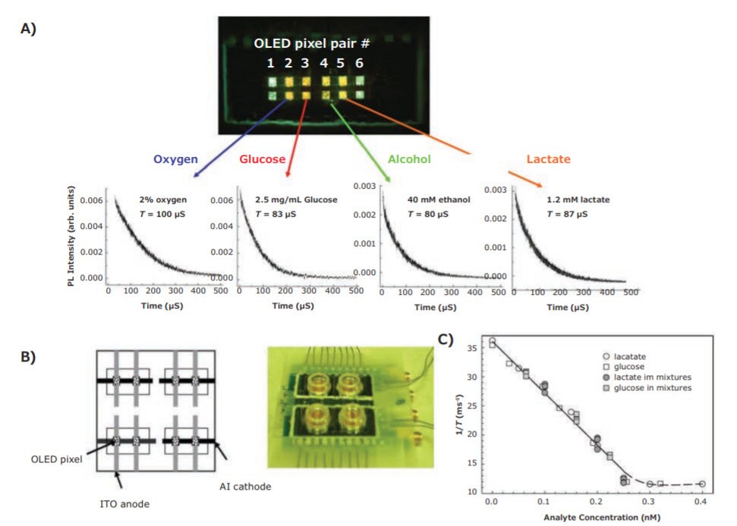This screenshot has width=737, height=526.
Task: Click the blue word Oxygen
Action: (x=177, y=160)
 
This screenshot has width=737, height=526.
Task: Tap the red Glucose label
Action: (x=262, y=160)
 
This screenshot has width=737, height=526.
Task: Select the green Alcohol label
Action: (x=409, y=160)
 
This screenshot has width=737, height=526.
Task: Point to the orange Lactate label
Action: (x=548, y=160)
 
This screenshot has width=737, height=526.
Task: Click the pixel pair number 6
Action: (x=359, y=64)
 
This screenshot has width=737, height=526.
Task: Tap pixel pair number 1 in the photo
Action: (x=270, y=64)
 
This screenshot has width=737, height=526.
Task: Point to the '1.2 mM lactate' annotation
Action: (x=578, y=200)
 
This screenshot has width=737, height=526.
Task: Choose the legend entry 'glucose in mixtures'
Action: (x=654, y=388)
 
